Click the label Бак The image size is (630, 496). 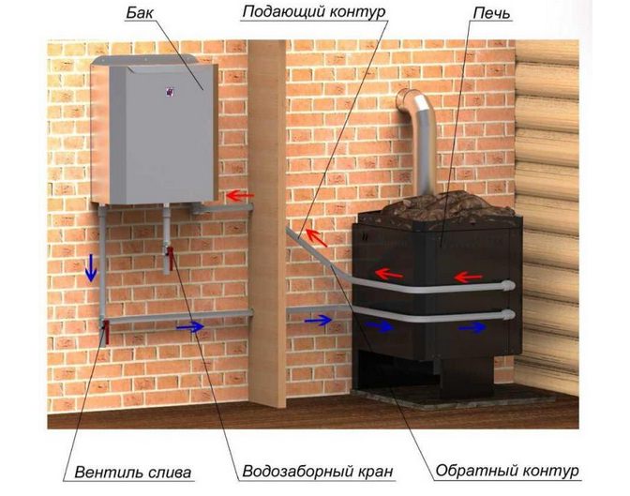pos(140,13)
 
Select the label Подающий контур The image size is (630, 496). pos(314,12)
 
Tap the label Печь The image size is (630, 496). pos(491,13)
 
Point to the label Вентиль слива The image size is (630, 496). pos(132,472)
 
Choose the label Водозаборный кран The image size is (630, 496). pos(318,471)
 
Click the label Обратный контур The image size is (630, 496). pos(507,471)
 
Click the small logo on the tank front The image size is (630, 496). pos(170,92)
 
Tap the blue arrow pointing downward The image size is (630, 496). pos(91,267)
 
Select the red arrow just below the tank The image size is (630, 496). pos(240,196)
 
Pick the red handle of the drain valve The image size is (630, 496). pos(107,331)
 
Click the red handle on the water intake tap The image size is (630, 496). pos(171,258)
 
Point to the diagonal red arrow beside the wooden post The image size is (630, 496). pos(316,237)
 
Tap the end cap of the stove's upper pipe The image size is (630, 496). pos(508,286)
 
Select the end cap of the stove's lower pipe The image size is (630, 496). pos(508,314)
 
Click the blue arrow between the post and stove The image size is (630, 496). pos(318,321)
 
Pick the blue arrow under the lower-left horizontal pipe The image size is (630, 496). pos(190,327)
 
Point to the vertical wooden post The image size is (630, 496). pos(267,223)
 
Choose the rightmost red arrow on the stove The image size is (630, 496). pos(468,277)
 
